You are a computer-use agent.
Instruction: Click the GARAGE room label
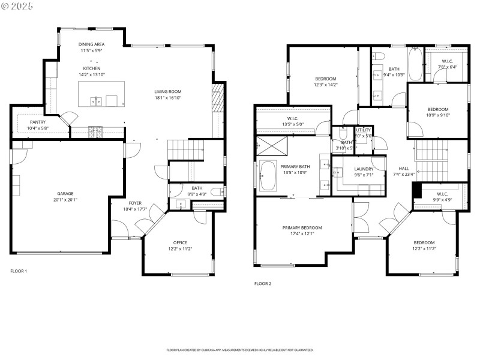[65, 194]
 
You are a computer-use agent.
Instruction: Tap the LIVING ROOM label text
[167, 91]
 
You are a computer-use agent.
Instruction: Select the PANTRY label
[38, 122]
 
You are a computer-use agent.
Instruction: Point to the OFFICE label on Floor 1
[179, 242]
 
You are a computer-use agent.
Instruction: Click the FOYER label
[135, 203]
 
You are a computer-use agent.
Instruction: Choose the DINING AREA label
[92, 44]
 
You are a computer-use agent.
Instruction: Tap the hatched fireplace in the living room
[217, 95]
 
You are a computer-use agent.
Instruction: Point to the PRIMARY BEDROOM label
[302, 228]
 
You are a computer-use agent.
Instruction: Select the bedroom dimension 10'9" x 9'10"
[438, 115]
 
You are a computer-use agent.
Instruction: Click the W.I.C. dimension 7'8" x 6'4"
[448, 67]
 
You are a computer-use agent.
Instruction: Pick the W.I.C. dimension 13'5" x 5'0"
[293, 124]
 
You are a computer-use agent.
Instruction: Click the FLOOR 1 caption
[19, 271]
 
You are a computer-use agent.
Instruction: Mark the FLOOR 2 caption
[263, 283]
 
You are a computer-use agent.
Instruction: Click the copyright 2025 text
[17, 5]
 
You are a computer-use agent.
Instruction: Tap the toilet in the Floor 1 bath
[221, 192]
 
